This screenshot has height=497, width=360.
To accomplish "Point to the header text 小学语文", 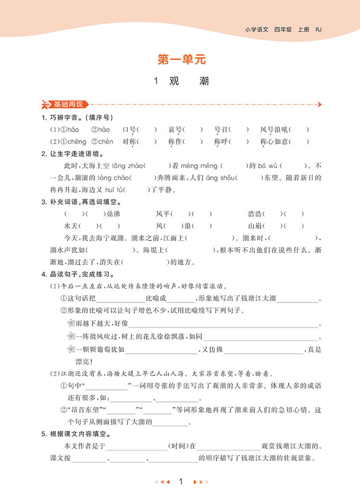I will (x=257, y=30).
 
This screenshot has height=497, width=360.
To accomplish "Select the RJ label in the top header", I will (x=319, y=30).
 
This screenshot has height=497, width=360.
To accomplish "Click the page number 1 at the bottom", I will (x=180, y=482).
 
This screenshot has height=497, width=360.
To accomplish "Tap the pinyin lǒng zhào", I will (x=127, y=166).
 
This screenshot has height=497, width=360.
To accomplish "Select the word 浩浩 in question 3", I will (x=255, y=214).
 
